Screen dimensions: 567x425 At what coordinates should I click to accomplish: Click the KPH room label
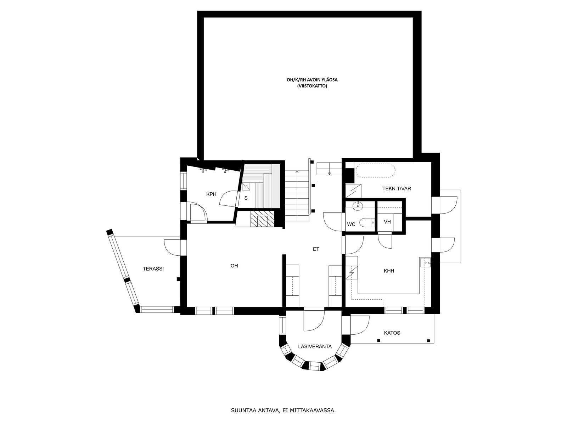click(211, 194)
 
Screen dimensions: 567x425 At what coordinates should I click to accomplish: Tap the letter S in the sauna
click(246, 198)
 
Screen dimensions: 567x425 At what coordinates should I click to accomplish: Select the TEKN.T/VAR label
click(397, 189)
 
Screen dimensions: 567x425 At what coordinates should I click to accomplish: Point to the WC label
click(351, 224)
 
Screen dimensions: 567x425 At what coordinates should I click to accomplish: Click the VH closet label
click(387, 222)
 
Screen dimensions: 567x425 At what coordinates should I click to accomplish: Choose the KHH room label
click(389, 271)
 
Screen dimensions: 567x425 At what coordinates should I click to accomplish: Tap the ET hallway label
click(316, 249)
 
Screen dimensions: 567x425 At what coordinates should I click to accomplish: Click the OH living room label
click(234, 266)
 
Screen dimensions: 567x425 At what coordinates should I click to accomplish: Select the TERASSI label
click(153, 268)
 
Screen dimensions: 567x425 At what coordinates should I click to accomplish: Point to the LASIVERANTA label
click(315, 347)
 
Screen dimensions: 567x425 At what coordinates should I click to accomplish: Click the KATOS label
click(392, 333)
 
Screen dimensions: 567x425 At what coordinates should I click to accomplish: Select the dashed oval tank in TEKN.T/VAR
click(375, 171)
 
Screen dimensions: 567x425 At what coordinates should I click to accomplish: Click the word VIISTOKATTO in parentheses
click(312, 86)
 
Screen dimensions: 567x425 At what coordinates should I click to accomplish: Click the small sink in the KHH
click(425, 262)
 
